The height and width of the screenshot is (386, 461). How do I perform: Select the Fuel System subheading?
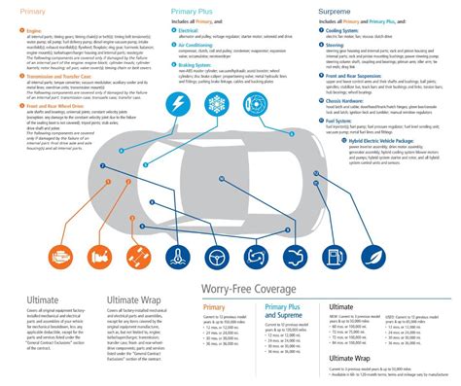tap(341, 114)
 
